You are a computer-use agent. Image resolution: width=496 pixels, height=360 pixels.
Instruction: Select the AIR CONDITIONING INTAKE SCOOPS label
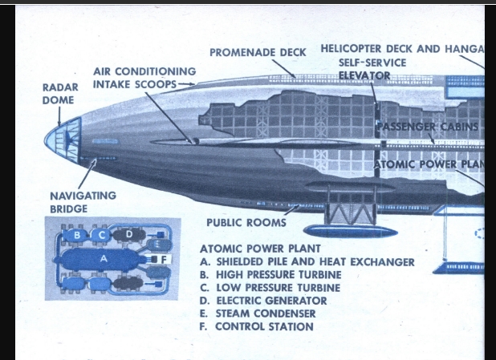(144, 77)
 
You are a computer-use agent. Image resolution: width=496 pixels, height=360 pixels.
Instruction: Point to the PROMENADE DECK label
(258, 53)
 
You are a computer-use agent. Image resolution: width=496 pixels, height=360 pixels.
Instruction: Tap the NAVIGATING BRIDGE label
(83, 201)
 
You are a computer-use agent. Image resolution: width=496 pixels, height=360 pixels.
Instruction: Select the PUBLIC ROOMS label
(246, 222)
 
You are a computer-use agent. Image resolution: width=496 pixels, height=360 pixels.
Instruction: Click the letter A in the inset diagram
(103, 260)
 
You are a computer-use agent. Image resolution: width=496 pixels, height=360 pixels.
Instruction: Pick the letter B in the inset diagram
(77, 236)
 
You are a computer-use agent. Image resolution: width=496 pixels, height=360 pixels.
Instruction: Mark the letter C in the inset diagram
(104, 236)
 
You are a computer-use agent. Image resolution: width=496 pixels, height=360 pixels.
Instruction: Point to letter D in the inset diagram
(129, 234)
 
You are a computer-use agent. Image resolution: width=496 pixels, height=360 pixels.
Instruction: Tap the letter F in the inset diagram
(164, 259)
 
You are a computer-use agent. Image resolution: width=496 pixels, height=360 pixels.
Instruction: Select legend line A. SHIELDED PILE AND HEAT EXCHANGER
(307, 261)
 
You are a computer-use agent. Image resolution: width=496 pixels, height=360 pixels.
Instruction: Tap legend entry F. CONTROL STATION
(256, 326)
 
